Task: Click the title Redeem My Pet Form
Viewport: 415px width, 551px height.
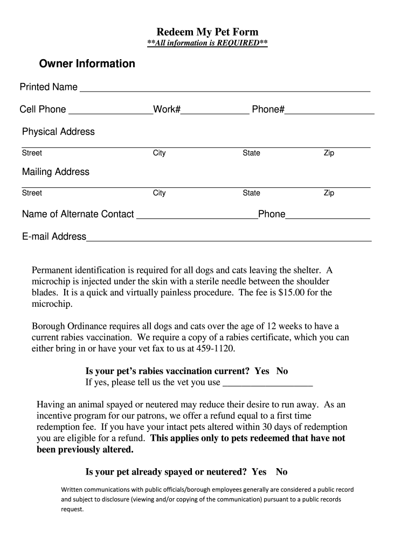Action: pyautogui.click(x=207, y=32)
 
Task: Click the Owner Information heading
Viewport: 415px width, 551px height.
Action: pyautogui.click(x=87, y=64)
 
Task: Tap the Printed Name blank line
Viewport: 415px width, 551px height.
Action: pyautogui.click(x=225, y=89)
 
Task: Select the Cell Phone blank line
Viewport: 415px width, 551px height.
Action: pyautogui.click(x=110, y=112)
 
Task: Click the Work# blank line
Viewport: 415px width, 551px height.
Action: pyautogui.click(x=215, y=112)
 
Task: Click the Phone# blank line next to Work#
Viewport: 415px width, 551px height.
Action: pyautogui.click(x=329, y=112)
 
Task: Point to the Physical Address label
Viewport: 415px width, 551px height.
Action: pyautogui.click(x=58, y=132)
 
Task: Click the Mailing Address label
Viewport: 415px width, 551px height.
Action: pyautogui.click(x=56, y=172)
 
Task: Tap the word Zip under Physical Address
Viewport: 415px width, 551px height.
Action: pyautogui.click(x=329, y=153)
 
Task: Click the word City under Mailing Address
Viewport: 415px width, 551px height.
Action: pyautogui.click(x=159, y=193)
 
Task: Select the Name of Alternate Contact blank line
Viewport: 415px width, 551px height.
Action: pyautogui.click(x=197, y=217)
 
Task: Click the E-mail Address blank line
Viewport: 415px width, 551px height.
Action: pyautogui.click(x=229, y=239)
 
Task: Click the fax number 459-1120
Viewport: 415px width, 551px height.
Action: pyautogui.click(x=216, y=349)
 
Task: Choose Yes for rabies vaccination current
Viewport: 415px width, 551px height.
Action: pyautogui.click(x=262, y=371)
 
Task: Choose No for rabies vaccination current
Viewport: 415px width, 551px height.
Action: pyautogui.click(x=282, y=371)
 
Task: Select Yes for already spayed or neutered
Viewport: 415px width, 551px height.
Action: pyautogui.click(x=259, y=472)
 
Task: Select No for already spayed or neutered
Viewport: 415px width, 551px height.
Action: pyautogui.click(x=281, y=472)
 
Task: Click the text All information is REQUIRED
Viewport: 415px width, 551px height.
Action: pyautogui.click(x=207, y=43)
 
